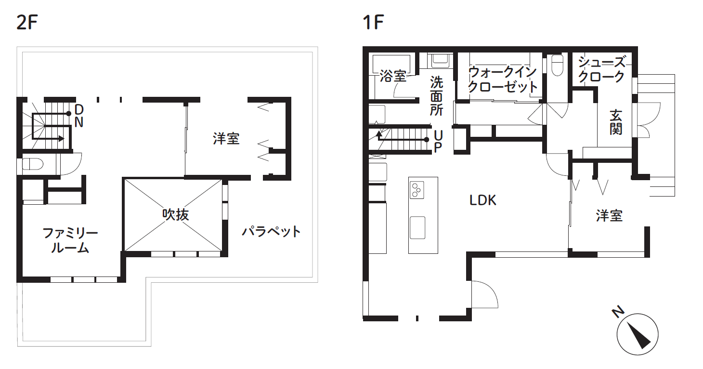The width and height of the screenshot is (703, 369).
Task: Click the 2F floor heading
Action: (27, 23)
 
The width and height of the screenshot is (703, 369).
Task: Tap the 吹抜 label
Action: (175, 214)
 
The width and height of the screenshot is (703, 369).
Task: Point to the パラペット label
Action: (271, 232)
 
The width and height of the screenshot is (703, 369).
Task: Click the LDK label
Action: (483, 200)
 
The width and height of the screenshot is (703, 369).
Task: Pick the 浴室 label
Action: (392, 76)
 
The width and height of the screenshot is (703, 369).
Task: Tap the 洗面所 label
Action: (436, 95)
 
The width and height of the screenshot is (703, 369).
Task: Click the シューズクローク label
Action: (601, 69)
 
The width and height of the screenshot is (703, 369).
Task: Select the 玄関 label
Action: (616, 122)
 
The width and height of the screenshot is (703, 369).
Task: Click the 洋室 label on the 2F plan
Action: (226, 139)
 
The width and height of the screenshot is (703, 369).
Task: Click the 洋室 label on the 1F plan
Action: (609, 215)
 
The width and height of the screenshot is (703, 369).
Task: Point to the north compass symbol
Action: (637, 333)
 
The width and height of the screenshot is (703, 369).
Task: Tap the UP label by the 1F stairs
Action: (437, 141)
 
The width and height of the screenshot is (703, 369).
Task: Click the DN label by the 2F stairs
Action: (79, 115)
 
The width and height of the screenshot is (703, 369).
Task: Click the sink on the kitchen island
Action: (417, 227)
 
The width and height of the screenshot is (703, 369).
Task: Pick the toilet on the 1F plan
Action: (557, 66)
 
